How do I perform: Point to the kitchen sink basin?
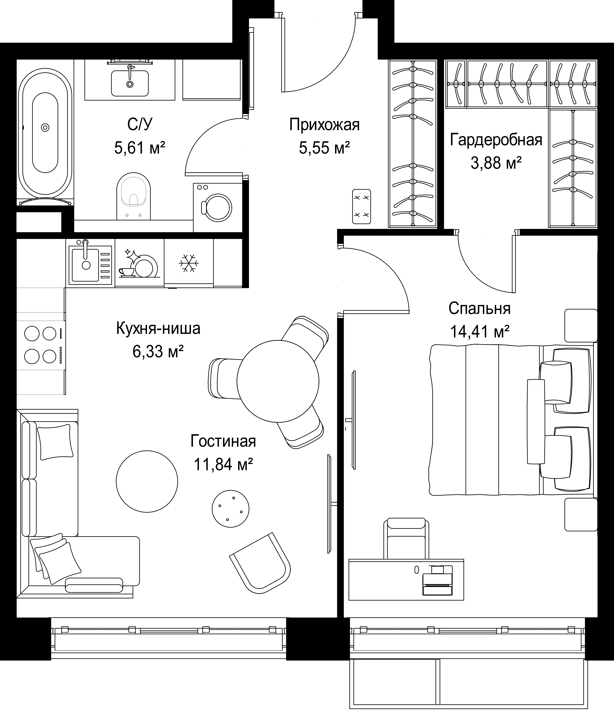point(86,263)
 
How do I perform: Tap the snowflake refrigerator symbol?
point(189,263)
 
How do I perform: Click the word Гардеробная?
point(496,140)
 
